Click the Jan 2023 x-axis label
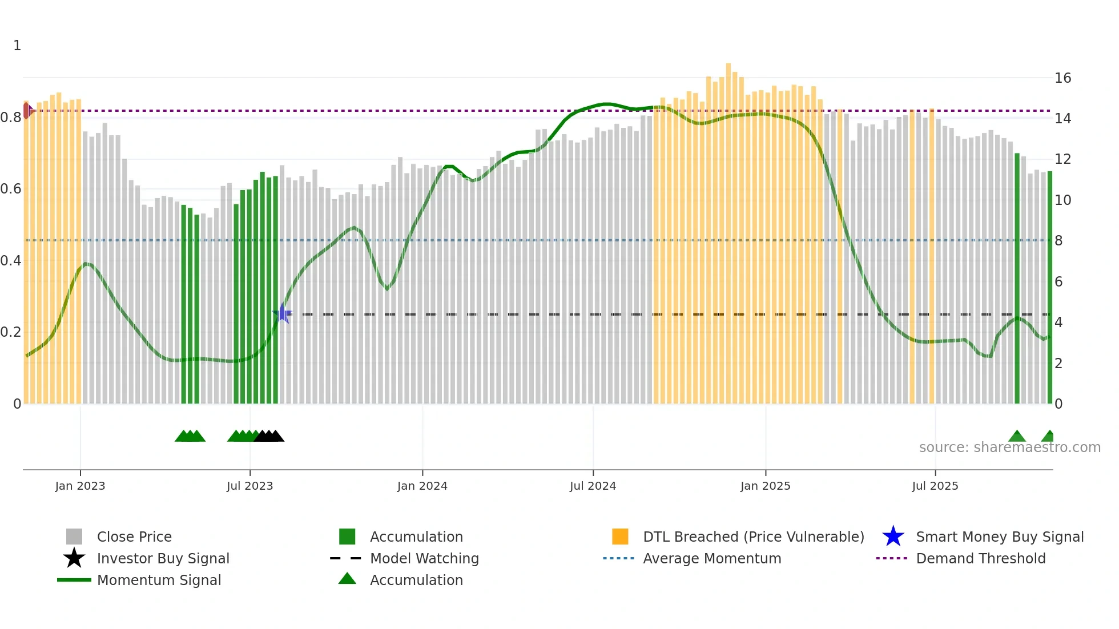[x=80, y=486]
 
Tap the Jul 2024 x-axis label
[x=593, y=486]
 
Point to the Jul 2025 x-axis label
[x=935, y=486]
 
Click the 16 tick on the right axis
[x=1062, y=78]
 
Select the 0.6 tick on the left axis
[x=11, y=189]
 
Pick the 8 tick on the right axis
[x=1058, y=241]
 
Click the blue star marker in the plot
[x=282, y=313]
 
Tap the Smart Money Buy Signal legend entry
[x=999, y=537]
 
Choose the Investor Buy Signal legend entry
[x=163, y=558]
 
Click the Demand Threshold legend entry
[x=980, y=558]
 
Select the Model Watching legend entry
[x=424, y=558]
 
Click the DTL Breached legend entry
[x=753, y=537]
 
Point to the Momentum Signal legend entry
[x=159, y=580]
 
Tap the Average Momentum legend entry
[x=711, y=558]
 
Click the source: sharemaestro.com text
[x=1009, y=447]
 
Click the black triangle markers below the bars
[x=269, y=436]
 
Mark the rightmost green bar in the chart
[x=1049, y=285]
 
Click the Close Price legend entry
[x=134, y=537]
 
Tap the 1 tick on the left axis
[x=17, y=46]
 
